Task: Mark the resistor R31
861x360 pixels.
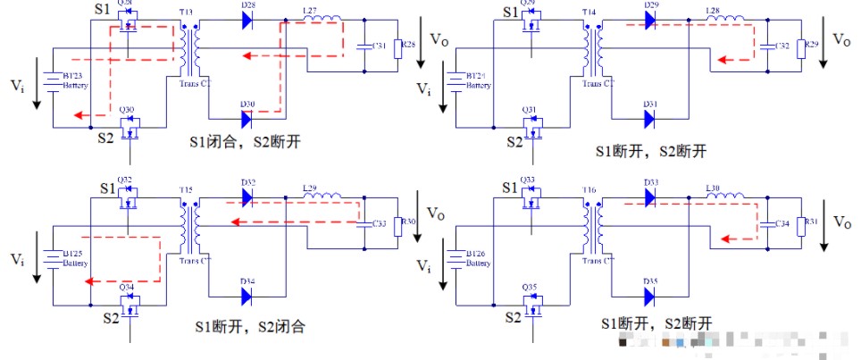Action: coord(801,223)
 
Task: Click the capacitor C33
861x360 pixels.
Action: coord(364,223)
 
